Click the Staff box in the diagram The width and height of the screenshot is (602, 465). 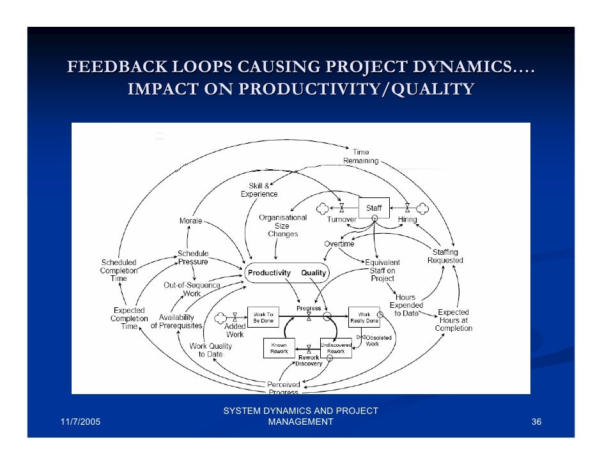pos(374,208)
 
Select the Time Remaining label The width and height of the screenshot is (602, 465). pos(361,156)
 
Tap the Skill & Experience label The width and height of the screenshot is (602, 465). pos(259,190)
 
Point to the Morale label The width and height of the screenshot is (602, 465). pos(190,221)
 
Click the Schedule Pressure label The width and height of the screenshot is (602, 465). pos(192,257)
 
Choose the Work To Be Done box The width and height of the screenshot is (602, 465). pos(263,317)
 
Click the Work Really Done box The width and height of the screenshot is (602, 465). pos(364,317)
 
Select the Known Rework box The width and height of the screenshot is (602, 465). pos(279,348)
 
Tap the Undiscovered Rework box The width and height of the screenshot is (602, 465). pos(336,348)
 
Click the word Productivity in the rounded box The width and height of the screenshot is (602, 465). pos(269,273)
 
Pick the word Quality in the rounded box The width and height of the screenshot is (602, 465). pos(313,273)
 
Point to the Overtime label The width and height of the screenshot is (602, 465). pos(339,244)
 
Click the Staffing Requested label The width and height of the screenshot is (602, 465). pos(445,256)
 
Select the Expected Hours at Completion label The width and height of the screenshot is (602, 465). pos(453,320)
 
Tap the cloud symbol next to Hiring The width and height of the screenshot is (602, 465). pos(422,208)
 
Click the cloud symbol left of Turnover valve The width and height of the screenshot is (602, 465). pos(323,208)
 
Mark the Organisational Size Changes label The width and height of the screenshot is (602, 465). pos(282,225)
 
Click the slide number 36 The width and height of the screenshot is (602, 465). pos(536,422)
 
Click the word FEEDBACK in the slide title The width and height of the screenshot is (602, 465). pos(108,68)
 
